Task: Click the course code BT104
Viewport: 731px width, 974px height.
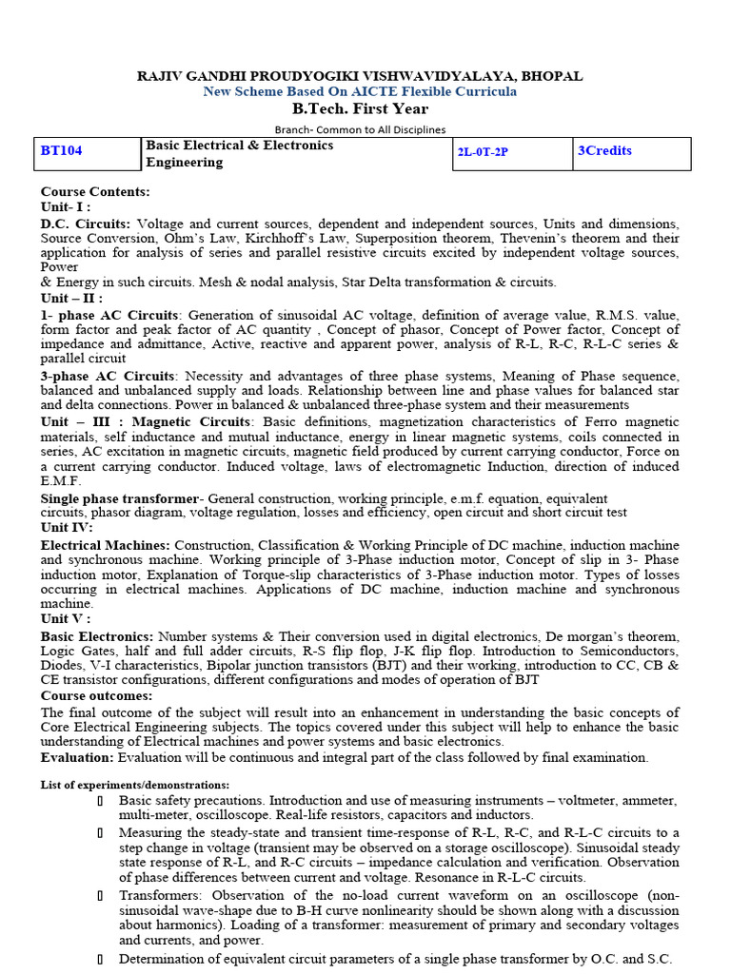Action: [60, 151]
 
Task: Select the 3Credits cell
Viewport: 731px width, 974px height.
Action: [604, 150]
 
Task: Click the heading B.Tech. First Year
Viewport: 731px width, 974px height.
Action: [360, 108]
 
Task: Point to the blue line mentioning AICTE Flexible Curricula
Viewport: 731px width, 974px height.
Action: [360, 91]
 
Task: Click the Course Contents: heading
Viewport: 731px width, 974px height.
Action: [95, 191]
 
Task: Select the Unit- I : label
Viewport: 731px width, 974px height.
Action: [65, 206]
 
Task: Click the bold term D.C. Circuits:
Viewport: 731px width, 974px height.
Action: [87, 224]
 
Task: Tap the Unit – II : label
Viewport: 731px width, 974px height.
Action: [70, 298]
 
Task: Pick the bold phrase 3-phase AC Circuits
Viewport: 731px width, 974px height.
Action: [108, 376]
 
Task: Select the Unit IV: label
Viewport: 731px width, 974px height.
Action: [66, 527]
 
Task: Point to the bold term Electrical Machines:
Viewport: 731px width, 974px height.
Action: [105, 545]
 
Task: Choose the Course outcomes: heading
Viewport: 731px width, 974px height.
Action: [97, 696]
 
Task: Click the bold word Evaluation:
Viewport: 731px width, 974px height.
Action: [76, 757]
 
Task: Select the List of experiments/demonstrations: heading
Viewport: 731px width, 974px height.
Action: [134, 785]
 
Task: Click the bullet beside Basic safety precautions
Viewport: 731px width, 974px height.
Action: [100, 801]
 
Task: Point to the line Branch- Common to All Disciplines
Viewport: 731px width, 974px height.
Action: [360, 129]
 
